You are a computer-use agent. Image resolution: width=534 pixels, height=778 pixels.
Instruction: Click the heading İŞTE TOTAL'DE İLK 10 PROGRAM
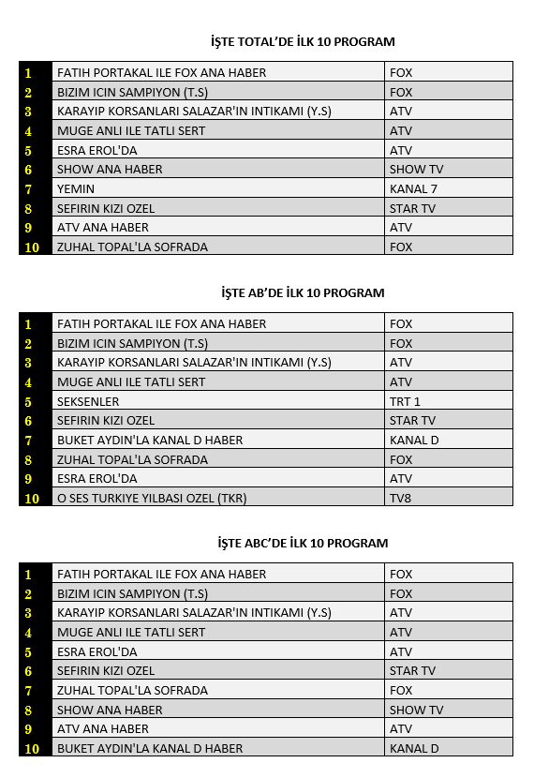(303, 41)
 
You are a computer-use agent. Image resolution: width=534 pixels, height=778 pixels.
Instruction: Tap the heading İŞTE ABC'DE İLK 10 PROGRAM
(302, 543)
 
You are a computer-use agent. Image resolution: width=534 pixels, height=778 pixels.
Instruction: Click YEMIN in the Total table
(76, 188)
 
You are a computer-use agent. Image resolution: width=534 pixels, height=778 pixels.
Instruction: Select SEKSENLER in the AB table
(88, 401)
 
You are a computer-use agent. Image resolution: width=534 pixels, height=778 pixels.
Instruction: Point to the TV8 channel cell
(400, 498)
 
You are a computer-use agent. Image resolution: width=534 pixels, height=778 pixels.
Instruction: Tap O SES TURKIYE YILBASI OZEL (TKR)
(152, 498)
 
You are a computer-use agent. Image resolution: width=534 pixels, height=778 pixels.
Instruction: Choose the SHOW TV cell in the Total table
(416, 169)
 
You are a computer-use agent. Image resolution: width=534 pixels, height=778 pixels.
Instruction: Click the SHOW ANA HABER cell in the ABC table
(110, 710)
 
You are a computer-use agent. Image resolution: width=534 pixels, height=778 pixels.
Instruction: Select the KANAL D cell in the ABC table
(414, 748)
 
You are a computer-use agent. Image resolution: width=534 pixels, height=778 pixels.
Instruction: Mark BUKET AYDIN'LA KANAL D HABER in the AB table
(150, 440)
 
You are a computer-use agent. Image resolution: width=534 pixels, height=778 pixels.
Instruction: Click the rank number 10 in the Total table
(32, 247)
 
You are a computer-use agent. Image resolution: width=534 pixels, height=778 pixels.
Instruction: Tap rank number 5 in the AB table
(28, 401)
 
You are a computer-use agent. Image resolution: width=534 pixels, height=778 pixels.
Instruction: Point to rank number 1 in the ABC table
(28, 575)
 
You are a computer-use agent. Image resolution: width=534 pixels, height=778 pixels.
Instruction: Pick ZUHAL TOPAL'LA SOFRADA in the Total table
(132, 247)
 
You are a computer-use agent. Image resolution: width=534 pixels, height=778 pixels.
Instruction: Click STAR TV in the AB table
(412, 420)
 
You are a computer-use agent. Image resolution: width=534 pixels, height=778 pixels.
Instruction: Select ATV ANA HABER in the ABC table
(103, 728)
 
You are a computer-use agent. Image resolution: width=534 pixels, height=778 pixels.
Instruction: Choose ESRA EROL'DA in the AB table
(97, 478)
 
